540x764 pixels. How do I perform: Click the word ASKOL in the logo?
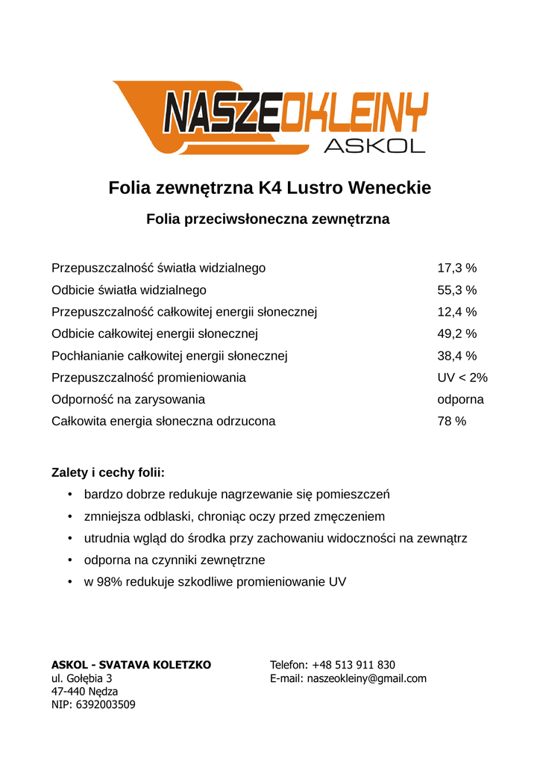[x=374, y=145]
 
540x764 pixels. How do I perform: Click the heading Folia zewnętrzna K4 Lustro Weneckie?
[x=270, y=187]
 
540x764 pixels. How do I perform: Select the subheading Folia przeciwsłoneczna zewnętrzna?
[x=268, y=219]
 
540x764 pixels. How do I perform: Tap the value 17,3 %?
[x=456, y=268]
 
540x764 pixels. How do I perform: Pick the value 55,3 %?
[x=456, y=289]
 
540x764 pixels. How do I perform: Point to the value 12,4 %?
[x=456, y=312]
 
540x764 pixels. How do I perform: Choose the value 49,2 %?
[x=456, y=334]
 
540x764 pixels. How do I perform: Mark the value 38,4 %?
[x=456, y=356]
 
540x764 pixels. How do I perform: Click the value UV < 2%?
[x=462, y=378]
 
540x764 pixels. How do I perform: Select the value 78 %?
[x=451, y=422]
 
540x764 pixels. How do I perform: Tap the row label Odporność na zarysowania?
[x=128, y=400]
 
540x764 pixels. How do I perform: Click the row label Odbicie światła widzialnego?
[x=129, y=289]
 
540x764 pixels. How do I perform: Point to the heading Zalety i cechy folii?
[x=108, y=472]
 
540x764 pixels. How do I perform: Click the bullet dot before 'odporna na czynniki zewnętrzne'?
[x=69, y=560]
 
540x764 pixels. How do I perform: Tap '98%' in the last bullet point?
[x=109, y=582]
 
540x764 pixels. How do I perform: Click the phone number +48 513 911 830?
[x=354, y=665]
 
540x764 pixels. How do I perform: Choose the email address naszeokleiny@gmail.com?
[x=367, y=678]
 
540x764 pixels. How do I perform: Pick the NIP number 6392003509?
[x=105, y=704]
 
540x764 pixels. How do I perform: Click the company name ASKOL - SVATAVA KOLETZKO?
[x=131, y=665]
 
